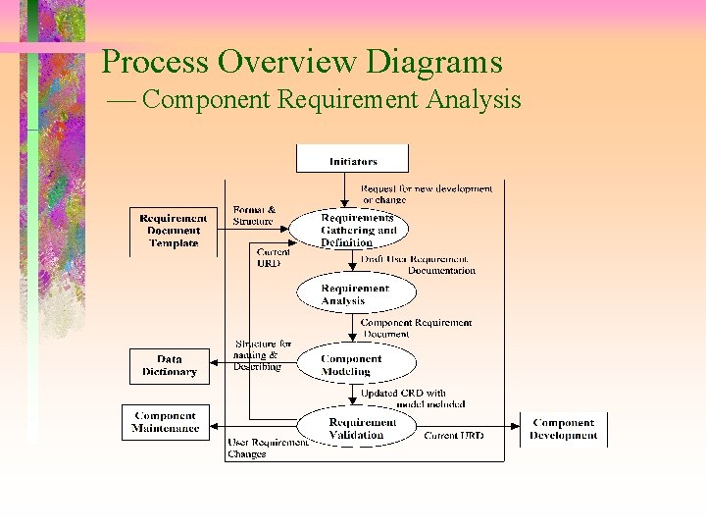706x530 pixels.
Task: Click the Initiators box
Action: pyautogui.click(x=353, y=160)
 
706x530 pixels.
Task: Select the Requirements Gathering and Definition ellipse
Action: pyautogui.click(x=357, y=231)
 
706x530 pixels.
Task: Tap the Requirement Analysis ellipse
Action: pyautogui.click(x=356, y=294)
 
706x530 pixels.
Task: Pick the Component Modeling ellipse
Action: pyautogui.click(x=355, y=364)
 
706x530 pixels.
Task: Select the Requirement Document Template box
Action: pyautogui.click(x=174, y=231)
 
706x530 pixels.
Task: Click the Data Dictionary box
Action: pyautogui.click(x=169, y=366)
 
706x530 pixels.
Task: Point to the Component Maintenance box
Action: pyautogui.click(x=165, y=422)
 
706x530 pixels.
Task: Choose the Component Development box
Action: pyautogui.click(x=563, y=429)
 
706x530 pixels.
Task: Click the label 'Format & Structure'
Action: pyautogui.click(x=254, y=215)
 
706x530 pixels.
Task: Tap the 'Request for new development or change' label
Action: pyautogui.click(x=426, y=194)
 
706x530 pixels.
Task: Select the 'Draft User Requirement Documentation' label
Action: pyautogui.click(x=419, y=265)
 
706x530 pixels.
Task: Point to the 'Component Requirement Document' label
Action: pyautogui.click(x=416, y=328)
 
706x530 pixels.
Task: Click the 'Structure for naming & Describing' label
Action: pyautogui.click(x=260, y=355)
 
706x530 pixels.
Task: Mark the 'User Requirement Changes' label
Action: pyautogui.click(x=267, y=449)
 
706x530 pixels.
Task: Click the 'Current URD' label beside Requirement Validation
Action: pyautogui.click(x=453, y=435)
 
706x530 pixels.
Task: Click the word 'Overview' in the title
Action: pyautogui.click(x=287, y=63)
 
